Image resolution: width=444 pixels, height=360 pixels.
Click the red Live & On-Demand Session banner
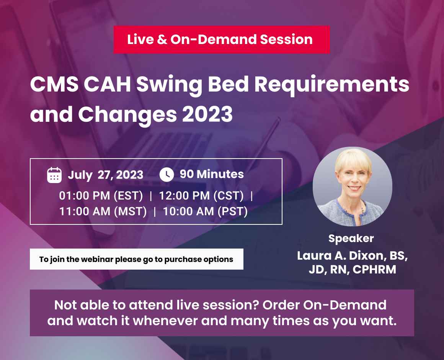221,39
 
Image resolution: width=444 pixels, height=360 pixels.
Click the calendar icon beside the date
54,175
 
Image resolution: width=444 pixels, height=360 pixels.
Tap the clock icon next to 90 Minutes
166,175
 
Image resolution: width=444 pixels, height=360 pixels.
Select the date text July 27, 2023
105,175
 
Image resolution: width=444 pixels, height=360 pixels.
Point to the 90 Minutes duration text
212,174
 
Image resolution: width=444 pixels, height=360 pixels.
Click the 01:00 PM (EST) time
101,196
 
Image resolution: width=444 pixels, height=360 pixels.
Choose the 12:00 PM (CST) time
201,196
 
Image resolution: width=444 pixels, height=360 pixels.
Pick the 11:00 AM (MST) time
103,211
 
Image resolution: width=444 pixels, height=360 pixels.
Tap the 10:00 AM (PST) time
205,211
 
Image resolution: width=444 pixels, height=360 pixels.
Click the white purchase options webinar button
136,259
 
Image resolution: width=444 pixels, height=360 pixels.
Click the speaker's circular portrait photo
352,187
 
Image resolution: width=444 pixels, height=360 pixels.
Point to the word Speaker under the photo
351,238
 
